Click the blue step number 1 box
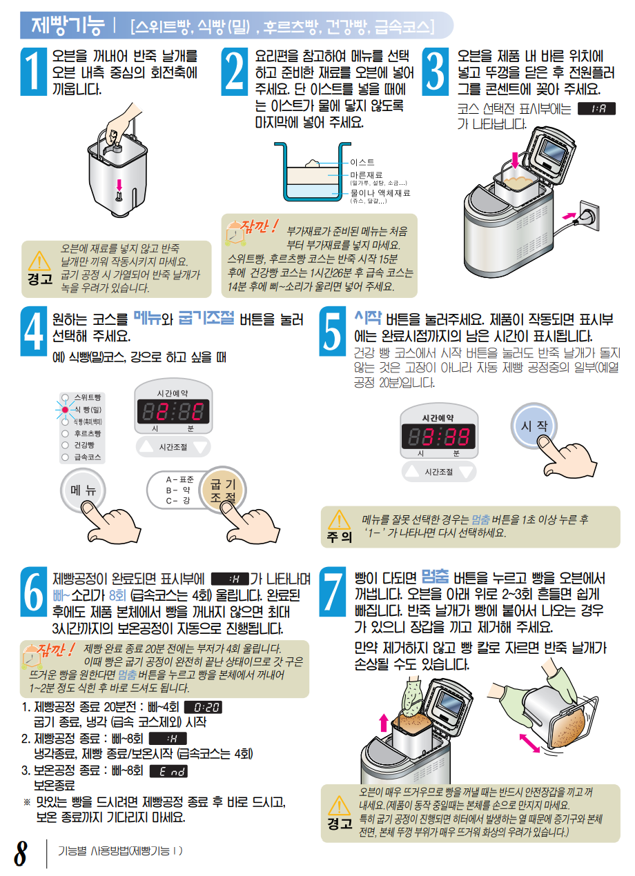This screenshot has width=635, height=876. click(x=34, y=72)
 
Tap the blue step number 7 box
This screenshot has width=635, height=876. click(x=333, y=591)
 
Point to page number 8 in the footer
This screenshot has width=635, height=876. click(x=20, y=853)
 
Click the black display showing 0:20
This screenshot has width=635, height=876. click(x=203, y=707)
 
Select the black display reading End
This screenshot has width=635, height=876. click(x=168, y=771)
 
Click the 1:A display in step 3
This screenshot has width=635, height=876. click(x=596, y=109)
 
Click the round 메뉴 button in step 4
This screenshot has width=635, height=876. click(x=83, y=490)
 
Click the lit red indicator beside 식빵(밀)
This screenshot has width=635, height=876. click(x=65, y=410)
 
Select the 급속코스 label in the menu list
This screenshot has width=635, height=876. click(x=88, y=457)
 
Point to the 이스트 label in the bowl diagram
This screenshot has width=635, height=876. click(x=362, y=162)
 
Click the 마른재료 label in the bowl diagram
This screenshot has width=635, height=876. click(x=367, y=175)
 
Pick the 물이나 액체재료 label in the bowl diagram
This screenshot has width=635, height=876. click(x=380, y=193)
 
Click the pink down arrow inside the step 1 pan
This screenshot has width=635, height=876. click(x=119, y=185)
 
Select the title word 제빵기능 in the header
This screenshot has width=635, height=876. click(x=68, y=25)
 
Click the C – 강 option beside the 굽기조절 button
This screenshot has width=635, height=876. click(x=178, y=501)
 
